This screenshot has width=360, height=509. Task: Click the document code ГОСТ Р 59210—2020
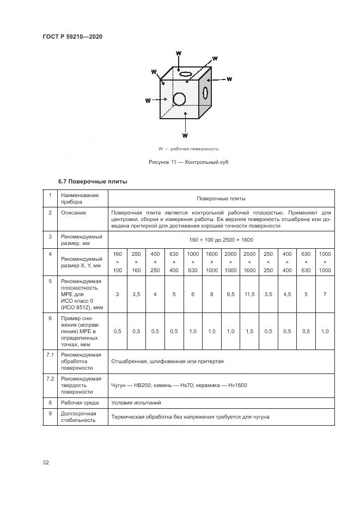tap(72, 36)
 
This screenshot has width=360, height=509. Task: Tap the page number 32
tap(46, 462)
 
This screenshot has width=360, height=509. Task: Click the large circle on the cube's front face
tap(179, 99)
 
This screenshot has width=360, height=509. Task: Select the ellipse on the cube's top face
tap(186, 73)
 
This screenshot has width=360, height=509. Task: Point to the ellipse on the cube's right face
tap(205, 93)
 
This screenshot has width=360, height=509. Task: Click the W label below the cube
tap(185, 134)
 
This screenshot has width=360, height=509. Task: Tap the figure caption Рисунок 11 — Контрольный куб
tap(188, 162)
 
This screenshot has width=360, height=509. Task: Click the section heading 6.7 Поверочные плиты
tap(93, 181)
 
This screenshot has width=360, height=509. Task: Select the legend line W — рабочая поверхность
tap(188, 149)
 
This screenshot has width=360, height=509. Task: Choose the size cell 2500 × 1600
tap(249, 262)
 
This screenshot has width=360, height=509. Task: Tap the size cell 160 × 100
tap(118, 262)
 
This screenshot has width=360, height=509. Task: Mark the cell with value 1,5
tap(249, 331)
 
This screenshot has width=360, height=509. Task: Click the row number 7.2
tap(50, 377)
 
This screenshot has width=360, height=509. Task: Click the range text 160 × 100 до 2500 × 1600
tap(221, 240)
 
